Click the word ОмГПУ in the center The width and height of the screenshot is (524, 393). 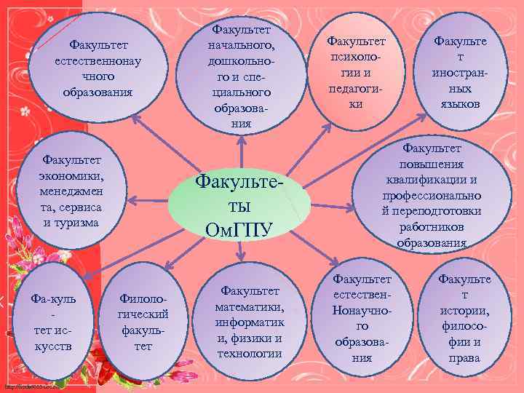[239, 230]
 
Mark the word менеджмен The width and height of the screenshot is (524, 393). [71, 191]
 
